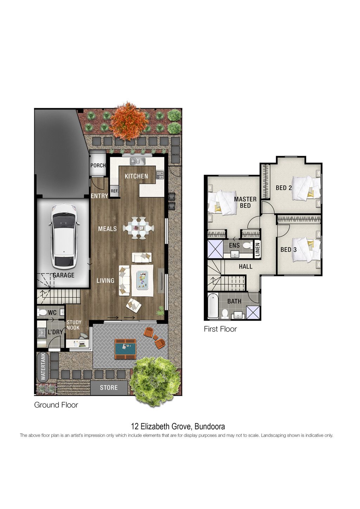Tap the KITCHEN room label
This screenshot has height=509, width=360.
tap(136, 176)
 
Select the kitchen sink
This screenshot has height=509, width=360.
tap(137, 161)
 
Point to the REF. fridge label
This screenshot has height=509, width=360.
tap(114, 191)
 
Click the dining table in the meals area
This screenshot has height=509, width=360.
tap(139, 228)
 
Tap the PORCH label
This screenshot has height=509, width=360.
tap(98, 166)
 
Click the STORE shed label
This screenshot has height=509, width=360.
tap(109, 387)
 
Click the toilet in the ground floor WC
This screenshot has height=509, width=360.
tap(42, 313)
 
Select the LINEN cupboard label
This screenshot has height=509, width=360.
tap(257, 250)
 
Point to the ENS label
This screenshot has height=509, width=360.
tap(234, 245)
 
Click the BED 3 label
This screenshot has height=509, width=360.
tap(288, 250)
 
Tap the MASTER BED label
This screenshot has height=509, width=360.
tap(245, 202)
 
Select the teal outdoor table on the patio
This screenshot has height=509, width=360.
tap(125, 349)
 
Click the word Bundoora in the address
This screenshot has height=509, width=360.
tap(210, 426)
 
